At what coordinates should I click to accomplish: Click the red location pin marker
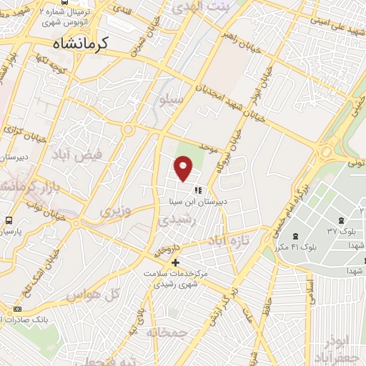pyautogui.click(x=184, y=169)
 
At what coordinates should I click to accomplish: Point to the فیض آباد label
pyautogui.click(x=76, y=154)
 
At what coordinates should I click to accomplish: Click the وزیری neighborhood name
pyautogui.click(x=115, y=212)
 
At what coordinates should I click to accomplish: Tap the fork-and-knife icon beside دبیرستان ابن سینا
pyautogui.click(x=198, y=191)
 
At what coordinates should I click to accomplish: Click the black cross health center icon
pyautogui.click(x=175, y=262)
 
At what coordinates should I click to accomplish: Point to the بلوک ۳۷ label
pyautogui.click(x=341, y=231)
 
